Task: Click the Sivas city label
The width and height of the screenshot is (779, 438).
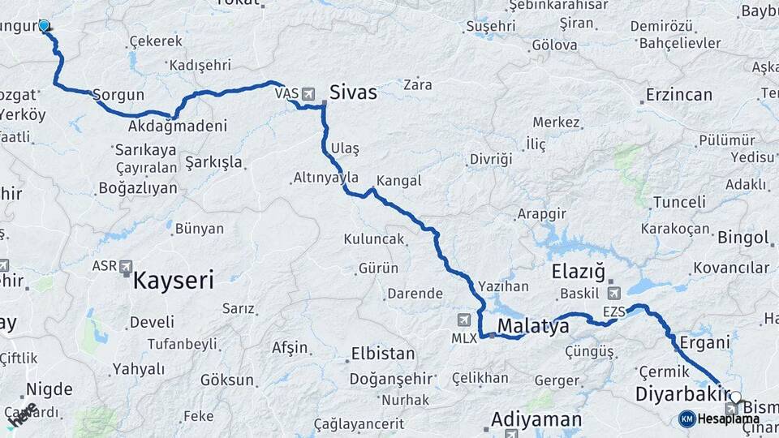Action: (x=353, y=92)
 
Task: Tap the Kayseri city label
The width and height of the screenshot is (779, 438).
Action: (x=173, y=281)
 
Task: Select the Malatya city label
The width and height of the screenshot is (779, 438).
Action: (x=533, y=326)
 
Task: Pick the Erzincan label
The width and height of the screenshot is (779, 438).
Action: (x=678, y=95)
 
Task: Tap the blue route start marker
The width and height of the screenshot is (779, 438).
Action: (x=44, y=26)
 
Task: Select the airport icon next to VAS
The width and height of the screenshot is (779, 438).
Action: (x=308, y=94)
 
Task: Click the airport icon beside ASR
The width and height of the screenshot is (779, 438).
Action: (x=126, y=266)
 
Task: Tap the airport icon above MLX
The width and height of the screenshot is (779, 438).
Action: (x=463, y=319)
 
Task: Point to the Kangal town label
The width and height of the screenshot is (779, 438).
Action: (x=399, y=181)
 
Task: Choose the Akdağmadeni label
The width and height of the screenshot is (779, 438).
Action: (x=177, y=127)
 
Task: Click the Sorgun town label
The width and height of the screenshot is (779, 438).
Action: (x=118, y=95)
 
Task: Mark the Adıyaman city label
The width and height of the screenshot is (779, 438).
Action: (x=536, y=419)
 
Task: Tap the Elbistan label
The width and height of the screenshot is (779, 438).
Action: (x=383, y=354)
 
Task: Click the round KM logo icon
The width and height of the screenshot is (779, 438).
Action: (x=687, y=419)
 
